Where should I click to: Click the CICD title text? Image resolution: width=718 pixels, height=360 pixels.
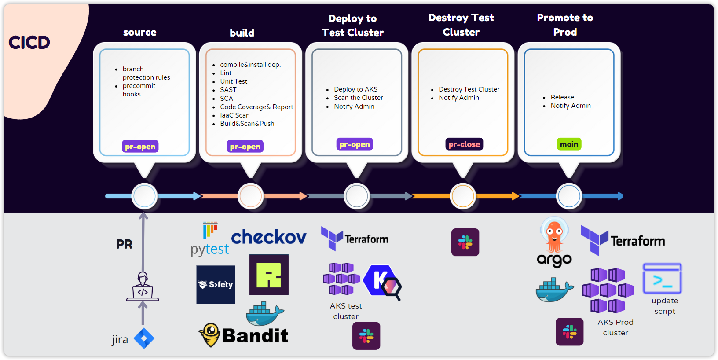29,43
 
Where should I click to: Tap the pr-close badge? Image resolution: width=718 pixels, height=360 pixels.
464,144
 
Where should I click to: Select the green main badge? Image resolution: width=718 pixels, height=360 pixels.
569,144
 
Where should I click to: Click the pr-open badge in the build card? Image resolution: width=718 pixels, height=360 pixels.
245,147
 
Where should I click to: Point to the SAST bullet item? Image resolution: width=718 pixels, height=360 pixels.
228,90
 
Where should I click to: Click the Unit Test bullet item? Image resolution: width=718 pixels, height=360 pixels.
234,81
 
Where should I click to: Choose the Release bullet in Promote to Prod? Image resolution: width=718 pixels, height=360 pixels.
562,97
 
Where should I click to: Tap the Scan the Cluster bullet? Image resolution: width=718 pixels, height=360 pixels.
358,98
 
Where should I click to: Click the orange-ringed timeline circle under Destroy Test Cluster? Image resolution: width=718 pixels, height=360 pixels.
463,196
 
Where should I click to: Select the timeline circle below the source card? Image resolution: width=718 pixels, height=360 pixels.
144,196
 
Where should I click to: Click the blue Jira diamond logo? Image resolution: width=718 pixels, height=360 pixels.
144,338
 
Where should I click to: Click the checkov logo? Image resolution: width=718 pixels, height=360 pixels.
268,237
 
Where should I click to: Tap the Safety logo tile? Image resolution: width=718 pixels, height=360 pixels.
216,285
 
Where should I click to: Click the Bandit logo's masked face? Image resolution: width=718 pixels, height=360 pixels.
210,334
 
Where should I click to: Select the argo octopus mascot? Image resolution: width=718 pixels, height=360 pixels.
554,235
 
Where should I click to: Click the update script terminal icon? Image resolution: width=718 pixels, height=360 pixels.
662,279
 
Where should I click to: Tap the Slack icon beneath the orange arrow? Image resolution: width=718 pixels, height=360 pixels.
465,242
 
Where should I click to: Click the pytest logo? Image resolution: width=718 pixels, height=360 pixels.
210,240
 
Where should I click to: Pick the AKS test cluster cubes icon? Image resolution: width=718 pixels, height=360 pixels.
341,279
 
